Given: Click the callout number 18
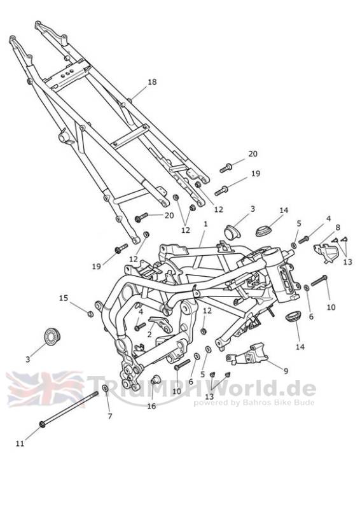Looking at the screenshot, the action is click(x=152, y=82).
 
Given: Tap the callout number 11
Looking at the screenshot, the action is click(x=20, y=443).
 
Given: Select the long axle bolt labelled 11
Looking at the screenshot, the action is click(x=69, y=408).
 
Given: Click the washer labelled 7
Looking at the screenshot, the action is click(x=106, y=388).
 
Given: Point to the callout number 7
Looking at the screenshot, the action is click(x=110, y=416).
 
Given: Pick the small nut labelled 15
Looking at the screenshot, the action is click(x=90, y=314).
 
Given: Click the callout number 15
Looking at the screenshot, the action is click(x=64, y=298).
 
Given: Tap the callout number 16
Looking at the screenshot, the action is click(x=151, y=406).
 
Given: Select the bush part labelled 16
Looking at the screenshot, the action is click(x=156, y=379).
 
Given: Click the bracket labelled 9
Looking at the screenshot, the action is click(x=247, y=356).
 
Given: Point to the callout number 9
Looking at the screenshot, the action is click(x=286, y=371).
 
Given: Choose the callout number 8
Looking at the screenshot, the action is click(x=338, y=228).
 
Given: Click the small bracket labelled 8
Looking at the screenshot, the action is click(x=325, y=252).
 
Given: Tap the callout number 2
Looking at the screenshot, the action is click(x=149, y=334).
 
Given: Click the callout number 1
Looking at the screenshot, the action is click(x=205, y=224).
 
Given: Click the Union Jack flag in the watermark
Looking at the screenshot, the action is click(x=45, y=389).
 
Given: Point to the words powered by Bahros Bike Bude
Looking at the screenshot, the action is click(x=254, y=403).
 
